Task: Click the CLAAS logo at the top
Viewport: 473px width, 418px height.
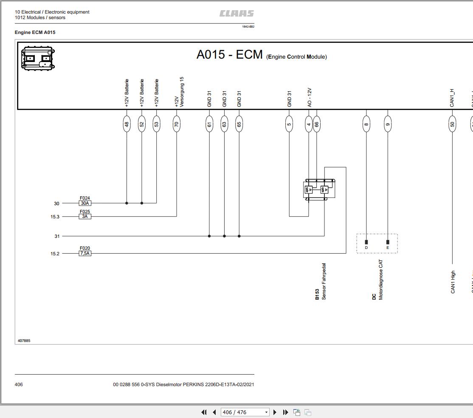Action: point(236,14)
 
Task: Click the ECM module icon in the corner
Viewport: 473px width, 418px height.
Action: point(38,58)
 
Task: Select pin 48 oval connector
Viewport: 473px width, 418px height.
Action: point(127,124)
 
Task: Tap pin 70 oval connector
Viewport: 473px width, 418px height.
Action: point(177,124)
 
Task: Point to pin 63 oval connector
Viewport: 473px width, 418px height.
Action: point(224,124)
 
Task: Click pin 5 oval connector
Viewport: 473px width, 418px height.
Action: point(289,124)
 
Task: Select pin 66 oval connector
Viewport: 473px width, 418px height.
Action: point(316,124)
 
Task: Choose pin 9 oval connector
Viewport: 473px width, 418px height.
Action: point(388,124)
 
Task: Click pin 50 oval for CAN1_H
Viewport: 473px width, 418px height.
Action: point(452,124)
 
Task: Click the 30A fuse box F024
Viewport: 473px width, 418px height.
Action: point(85,203)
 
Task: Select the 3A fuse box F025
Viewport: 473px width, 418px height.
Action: point(85,217)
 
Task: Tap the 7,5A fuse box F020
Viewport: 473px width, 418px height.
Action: point(85,254)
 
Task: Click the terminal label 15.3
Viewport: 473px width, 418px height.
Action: point(55,217)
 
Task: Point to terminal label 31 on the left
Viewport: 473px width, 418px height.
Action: point(57,236)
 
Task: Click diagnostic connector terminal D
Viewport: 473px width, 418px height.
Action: point(366,243)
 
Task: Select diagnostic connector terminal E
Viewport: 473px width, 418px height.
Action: point(388,243)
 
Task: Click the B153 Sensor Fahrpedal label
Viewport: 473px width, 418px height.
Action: point(321,282)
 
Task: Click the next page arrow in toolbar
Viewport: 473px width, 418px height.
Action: point(275,412)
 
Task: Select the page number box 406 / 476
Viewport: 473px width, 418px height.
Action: point(245,412)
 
